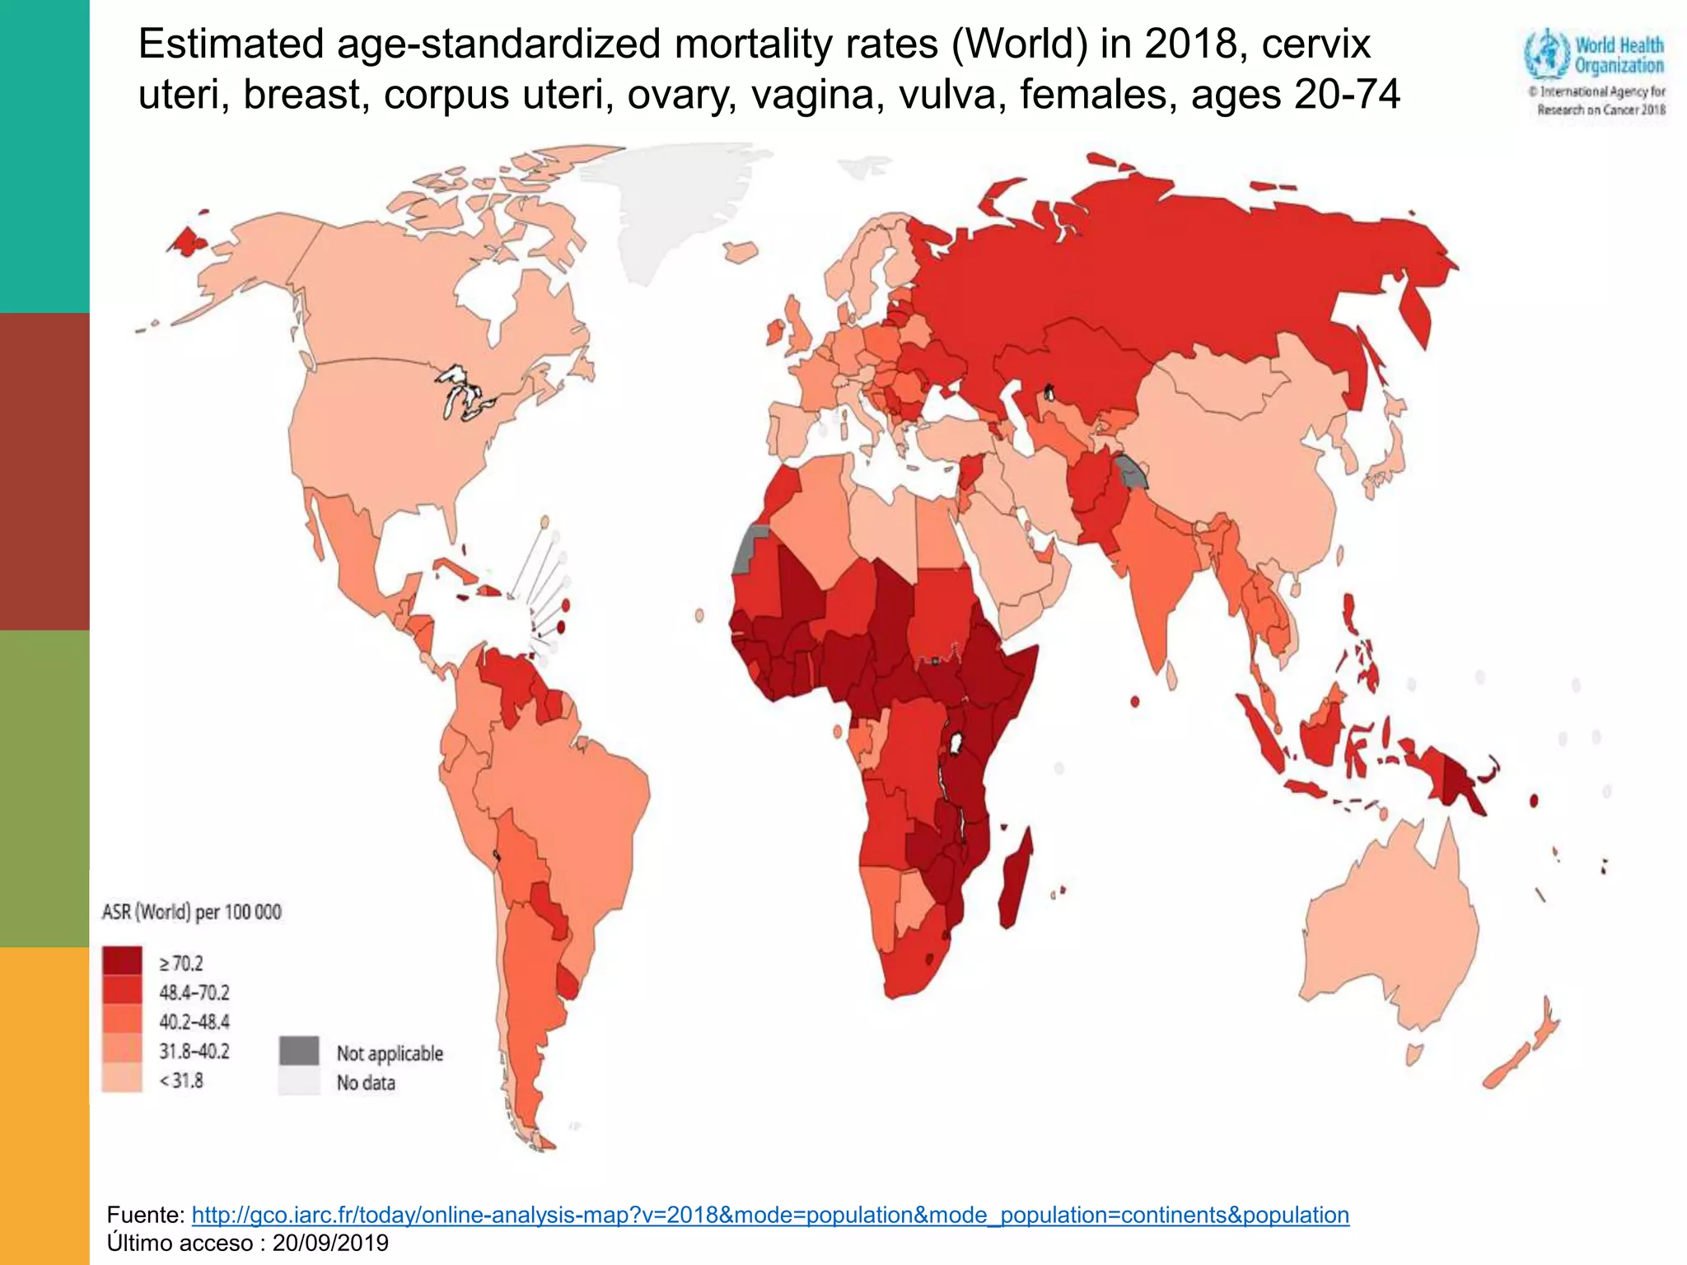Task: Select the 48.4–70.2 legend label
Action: (194, 992)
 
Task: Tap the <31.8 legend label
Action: (181, 1081)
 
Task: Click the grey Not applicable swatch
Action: (298, 1051)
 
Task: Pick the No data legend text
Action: (366, 1083)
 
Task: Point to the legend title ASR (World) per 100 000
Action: (191, 913)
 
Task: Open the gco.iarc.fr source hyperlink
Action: (769, 1215)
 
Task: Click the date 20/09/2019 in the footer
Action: (330, 1243)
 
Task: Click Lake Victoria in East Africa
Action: (956, 744)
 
